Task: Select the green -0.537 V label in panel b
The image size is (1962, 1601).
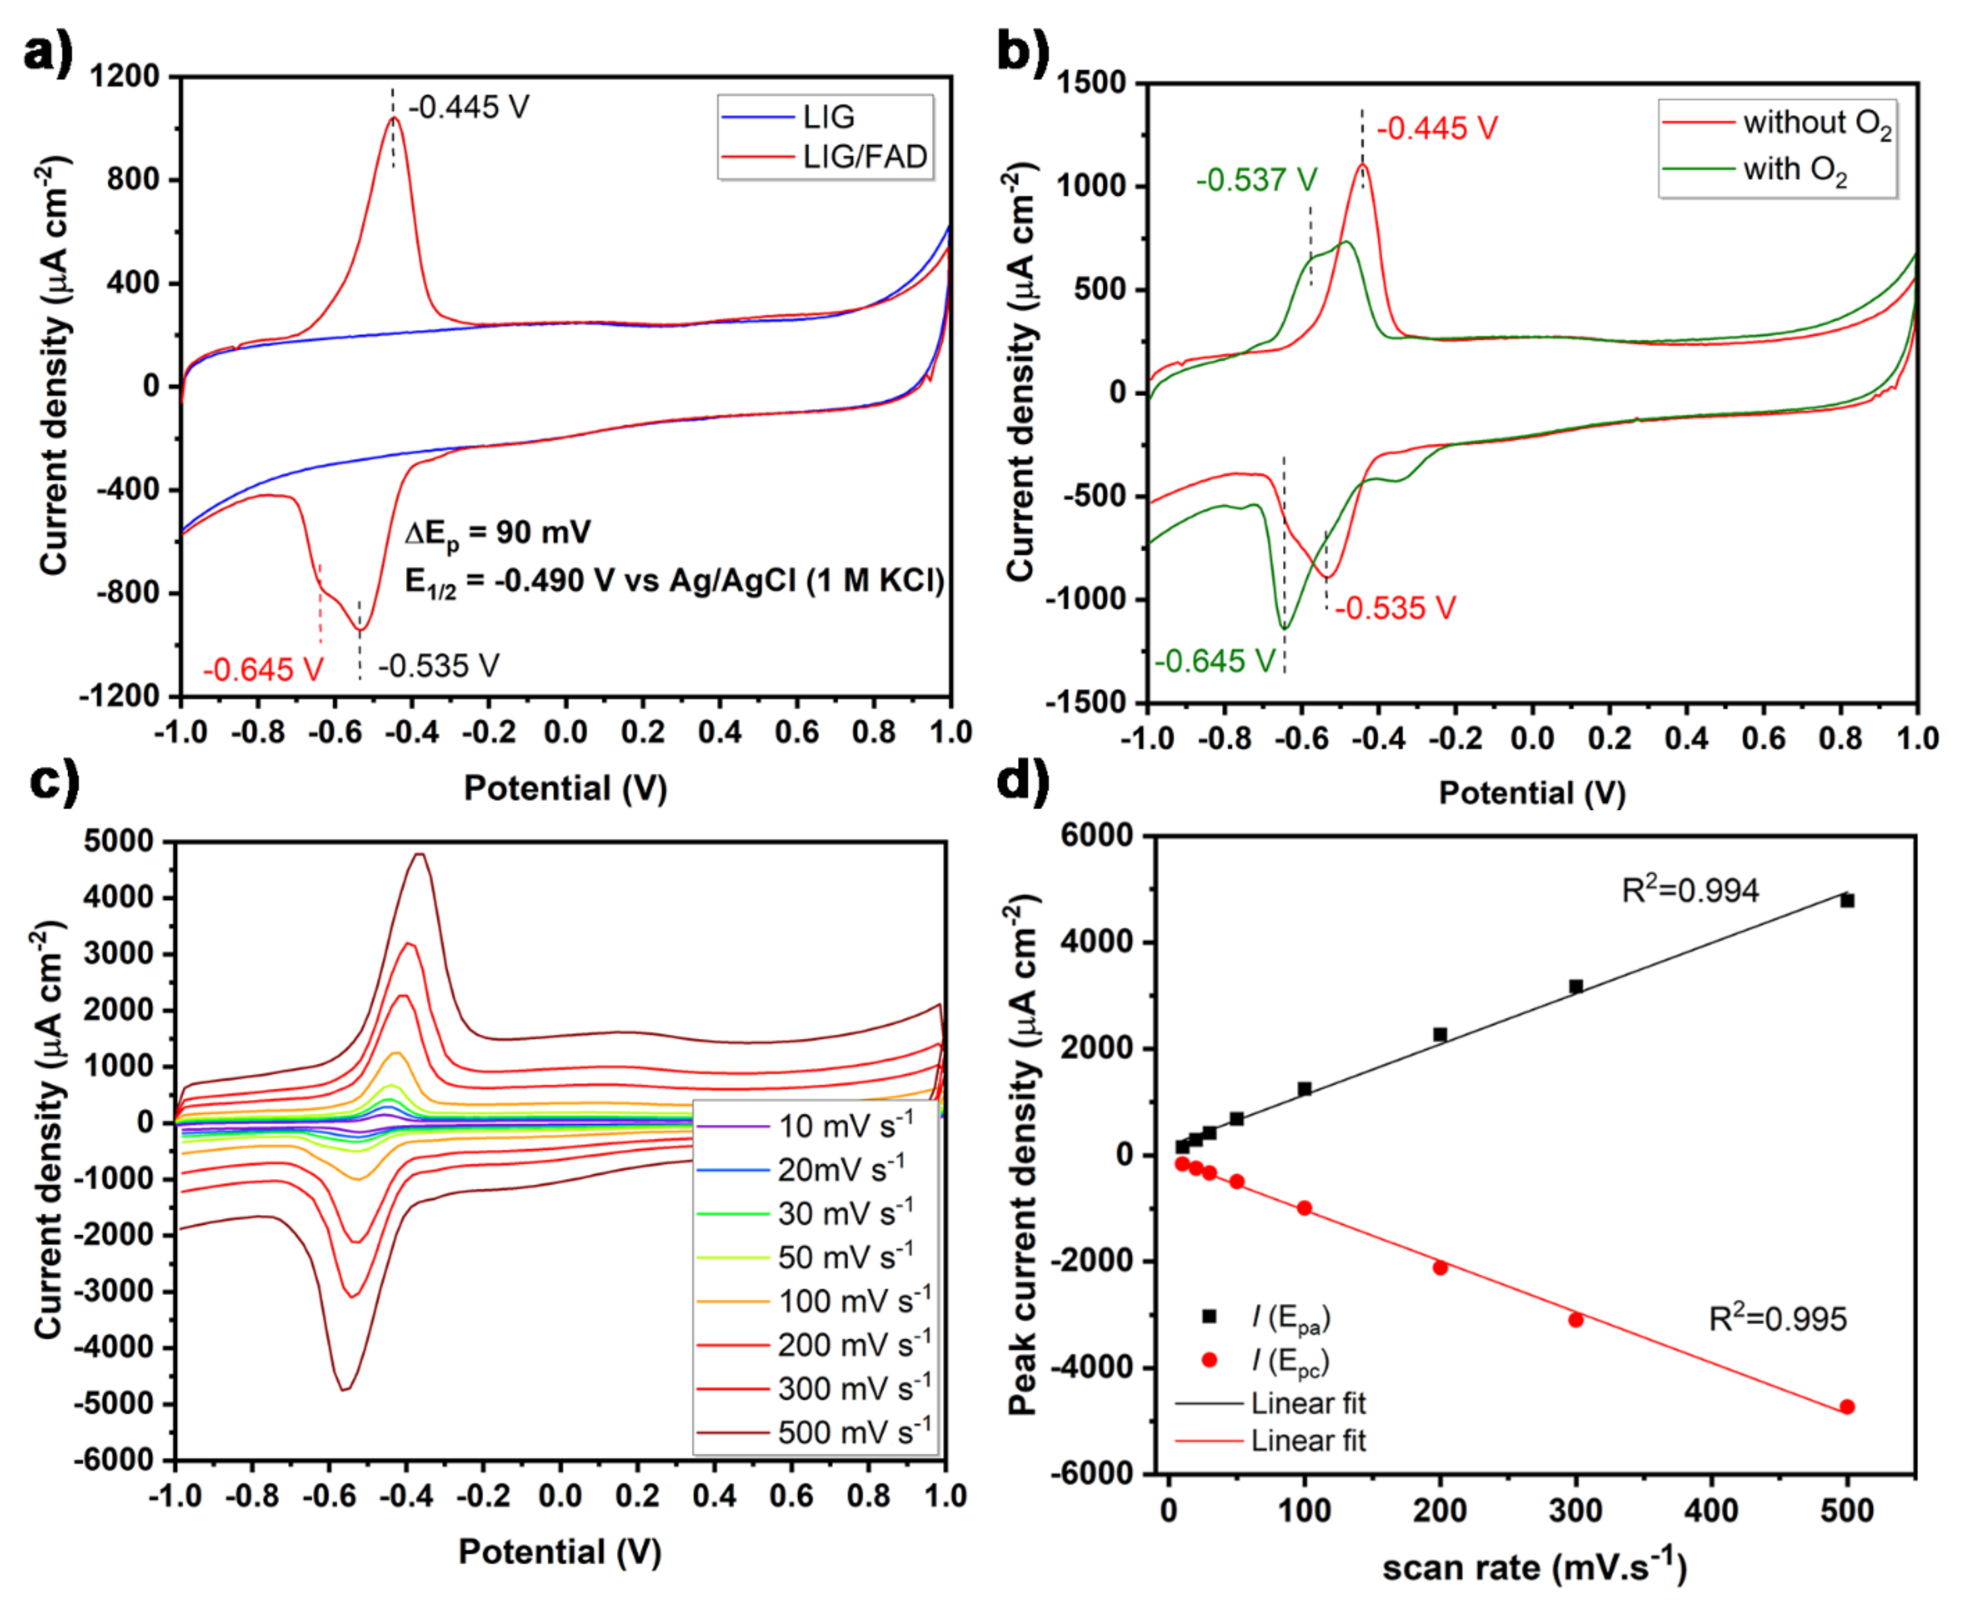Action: [x=1257, y=180]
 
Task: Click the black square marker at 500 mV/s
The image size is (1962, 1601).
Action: [x=1847, y=901]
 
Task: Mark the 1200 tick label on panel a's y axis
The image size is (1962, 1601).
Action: [x=124, y=76]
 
